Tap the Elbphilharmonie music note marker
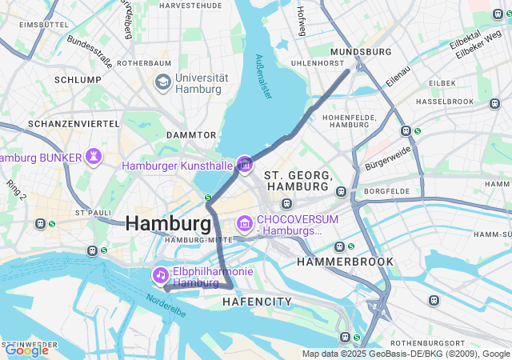point(161,276)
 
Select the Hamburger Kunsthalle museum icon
point(244,166)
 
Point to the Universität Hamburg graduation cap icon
point(162,82)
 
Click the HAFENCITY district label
point(257,302)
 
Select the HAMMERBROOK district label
point(345,262)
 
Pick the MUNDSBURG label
point(360,51)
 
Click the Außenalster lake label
point(264,77)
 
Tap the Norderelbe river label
point(166,305)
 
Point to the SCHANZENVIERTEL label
point(74,124)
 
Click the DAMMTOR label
point(191,135)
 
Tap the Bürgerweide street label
point(388,158)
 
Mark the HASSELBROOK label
point(445,102)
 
